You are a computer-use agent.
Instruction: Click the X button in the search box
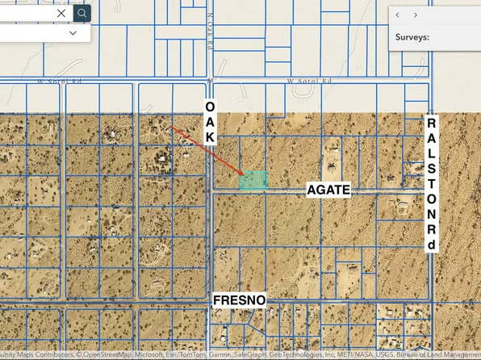point(62,13)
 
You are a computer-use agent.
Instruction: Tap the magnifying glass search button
point(82,13)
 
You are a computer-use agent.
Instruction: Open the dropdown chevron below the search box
point(73,33)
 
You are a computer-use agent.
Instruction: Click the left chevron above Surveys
point(398,15)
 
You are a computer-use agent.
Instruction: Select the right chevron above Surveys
point(416,15)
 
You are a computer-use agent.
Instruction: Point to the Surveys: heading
point(412,36)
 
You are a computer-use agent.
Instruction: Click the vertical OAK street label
point(210,122)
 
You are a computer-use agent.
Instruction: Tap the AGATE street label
point(328,190)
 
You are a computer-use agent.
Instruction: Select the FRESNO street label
point(239,300)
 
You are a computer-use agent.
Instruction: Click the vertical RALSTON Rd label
point(431,185)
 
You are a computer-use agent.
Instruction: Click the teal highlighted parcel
point(253,181)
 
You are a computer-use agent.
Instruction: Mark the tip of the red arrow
point(244,174)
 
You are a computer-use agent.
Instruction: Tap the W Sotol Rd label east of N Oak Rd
point(310,81)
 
